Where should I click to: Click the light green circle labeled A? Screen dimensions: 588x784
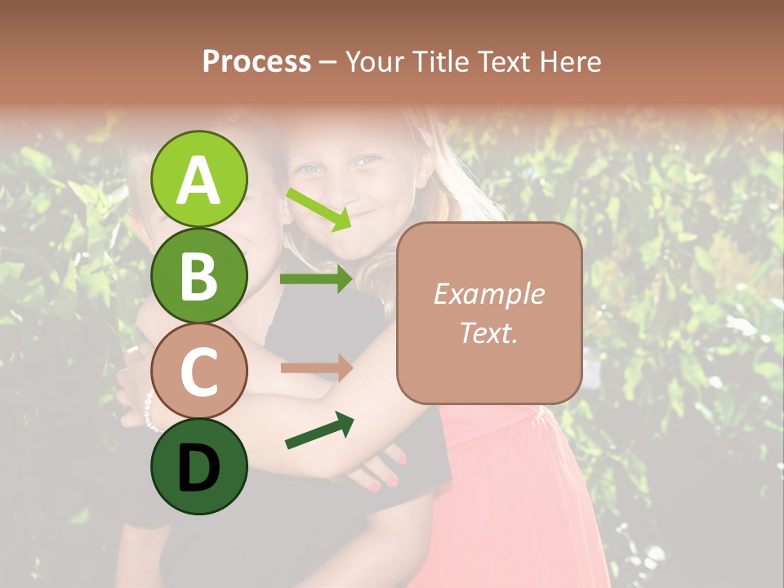click(198, 179)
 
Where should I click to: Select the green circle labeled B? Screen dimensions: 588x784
click(198, 275)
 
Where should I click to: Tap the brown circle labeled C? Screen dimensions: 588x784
click(198, 371)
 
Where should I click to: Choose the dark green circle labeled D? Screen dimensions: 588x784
click(198, 466)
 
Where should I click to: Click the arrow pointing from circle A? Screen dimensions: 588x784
click(319, 209)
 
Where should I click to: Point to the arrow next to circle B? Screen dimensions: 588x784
click(317, 279)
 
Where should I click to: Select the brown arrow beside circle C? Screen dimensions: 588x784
click(317, 367)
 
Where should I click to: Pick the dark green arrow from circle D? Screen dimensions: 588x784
click(319, 431)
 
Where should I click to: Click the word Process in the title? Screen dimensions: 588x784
click(256, 61)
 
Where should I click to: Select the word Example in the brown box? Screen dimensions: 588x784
click(488, 294)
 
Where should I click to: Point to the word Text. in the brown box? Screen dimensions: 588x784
click(488, 332)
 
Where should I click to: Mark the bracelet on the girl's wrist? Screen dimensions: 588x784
click(149, 411)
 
